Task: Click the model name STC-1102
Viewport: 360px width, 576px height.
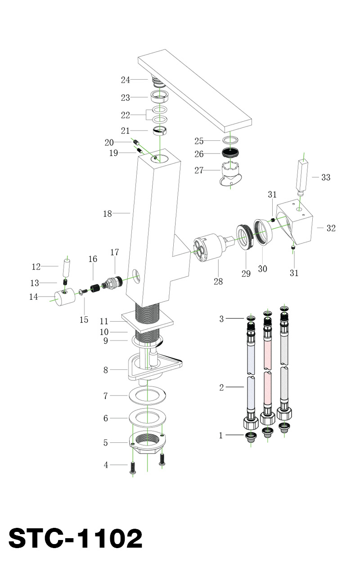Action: (x=75, y=538)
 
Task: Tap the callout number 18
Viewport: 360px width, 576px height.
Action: (x=107, y=214)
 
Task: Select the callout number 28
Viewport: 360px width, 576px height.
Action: (x=218, y=282)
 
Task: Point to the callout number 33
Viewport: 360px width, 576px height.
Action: (x=325, y=177)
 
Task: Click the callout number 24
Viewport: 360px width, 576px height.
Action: (x=125, y=80)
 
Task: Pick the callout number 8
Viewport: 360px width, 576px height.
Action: (x=106, y=370)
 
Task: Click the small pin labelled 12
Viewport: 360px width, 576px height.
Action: (x=67, y=268)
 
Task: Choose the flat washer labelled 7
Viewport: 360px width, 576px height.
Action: (x=148, y=396)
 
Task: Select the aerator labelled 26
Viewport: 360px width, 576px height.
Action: (x=231, y=153)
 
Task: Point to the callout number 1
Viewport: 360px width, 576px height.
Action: (x=221, y=435)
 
